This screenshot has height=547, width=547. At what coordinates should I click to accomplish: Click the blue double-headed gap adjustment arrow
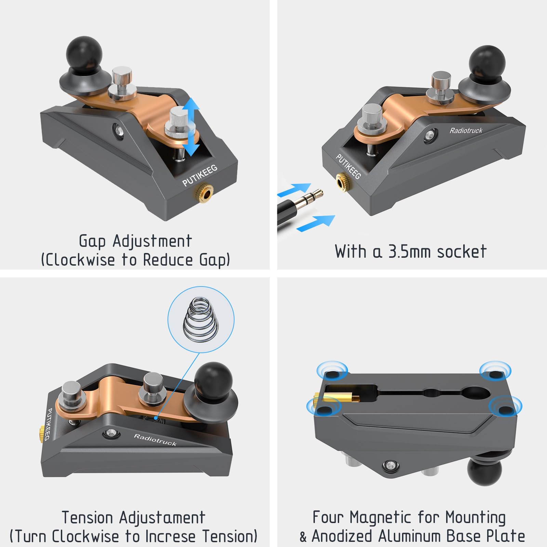click(191, 126)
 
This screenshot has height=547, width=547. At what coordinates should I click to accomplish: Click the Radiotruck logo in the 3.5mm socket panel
click(466, 130)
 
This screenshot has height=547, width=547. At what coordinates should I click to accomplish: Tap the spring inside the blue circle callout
click(201, 318)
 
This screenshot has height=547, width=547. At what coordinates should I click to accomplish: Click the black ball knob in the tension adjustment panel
click(213, 380)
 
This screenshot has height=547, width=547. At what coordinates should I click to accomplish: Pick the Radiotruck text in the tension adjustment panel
click(155, 440)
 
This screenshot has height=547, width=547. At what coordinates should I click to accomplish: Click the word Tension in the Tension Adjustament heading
click(87, 517)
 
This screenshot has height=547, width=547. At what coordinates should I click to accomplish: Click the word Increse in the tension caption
click(171, 536)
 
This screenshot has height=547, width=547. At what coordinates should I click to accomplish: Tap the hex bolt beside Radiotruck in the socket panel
click(430, 135)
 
